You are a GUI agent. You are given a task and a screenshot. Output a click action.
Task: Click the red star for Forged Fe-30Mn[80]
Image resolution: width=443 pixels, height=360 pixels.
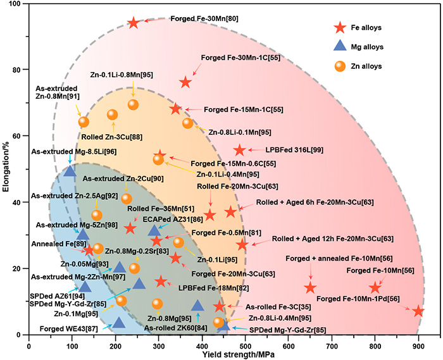pos(133,23)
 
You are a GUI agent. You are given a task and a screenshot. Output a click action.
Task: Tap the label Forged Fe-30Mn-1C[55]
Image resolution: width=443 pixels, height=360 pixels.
pos(237,58)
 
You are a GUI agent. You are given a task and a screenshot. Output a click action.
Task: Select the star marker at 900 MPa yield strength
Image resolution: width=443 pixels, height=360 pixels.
pos(418,311)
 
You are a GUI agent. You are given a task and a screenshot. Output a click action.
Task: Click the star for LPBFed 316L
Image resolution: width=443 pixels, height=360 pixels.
pos(239,151)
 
